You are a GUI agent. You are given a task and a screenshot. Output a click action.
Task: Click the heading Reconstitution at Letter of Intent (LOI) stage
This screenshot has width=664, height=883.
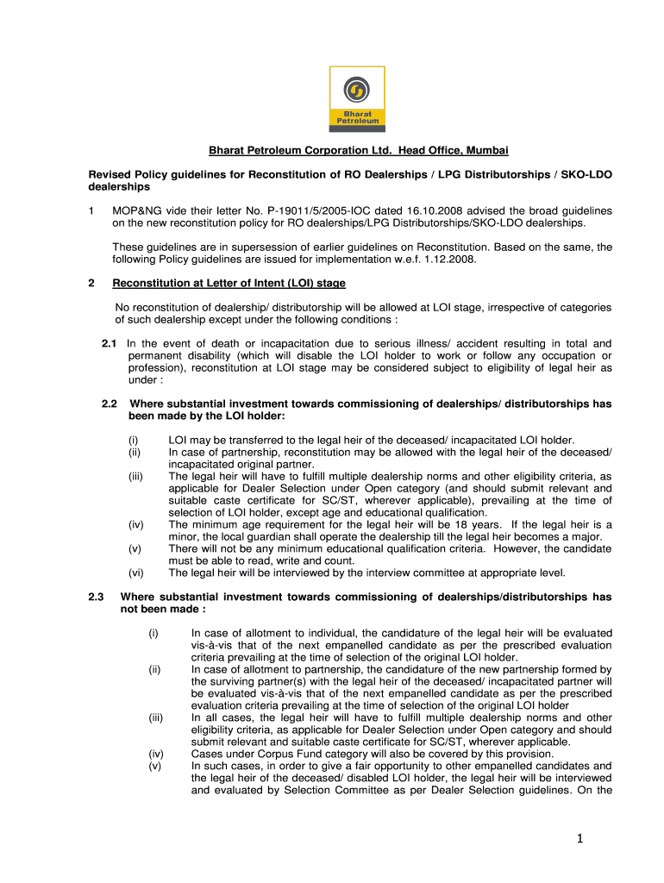pos(229,283)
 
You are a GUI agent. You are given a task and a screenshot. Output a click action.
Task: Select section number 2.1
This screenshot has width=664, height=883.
pos(109,343)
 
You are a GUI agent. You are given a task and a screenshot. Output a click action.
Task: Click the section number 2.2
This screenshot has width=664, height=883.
pos(109,404)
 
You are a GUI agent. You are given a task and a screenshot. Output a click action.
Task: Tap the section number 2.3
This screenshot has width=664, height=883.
pos(96,597)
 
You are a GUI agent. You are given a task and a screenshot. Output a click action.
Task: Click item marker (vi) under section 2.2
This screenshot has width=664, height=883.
pos(135,573)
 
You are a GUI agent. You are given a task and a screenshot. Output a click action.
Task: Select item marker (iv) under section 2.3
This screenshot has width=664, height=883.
pos(156,754)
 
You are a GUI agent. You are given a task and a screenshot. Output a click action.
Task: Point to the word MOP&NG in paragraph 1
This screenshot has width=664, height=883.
pos(140,210)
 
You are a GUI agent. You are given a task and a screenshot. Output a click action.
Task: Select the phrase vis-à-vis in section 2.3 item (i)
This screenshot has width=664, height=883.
pos(214,645)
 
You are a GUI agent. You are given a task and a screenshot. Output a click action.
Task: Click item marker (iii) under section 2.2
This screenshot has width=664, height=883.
pos(135,476)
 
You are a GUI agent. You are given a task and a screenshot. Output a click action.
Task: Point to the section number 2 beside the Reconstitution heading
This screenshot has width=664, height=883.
pos(91,283)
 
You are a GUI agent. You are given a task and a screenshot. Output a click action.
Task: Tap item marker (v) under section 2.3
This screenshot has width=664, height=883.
pos(155,766)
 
